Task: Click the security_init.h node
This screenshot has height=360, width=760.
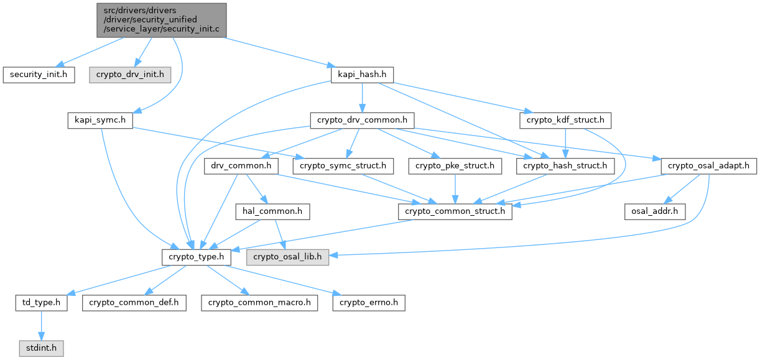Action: (39, 75)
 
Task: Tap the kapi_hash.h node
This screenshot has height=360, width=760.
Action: (359, 75)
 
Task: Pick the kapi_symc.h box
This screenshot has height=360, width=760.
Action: (100, 120)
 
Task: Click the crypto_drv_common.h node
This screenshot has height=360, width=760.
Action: (363, 120)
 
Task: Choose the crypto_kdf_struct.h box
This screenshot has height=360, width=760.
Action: (565, 120)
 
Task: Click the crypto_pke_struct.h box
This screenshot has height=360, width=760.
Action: (455, 166)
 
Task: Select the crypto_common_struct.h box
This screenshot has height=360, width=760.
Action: (456, 211)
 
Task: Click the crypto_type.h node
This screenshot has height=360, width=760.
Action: (197, 257)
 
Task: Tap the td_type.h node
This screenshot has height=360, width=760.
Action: (42, 303)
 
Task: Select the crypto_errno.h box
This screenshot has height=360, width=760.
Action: (369, 303)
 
